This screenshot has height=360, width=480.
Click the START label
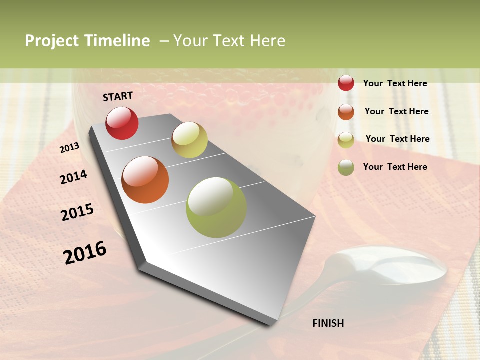[x=118, y=96]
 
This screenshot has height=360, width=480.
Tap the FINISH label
[x=328, y=323]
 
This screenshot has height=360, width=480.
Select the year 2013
[x=69, y=148]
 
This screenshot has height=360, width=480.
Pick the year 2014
[x=73, y=177]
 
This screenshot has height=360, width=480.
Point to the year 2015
[x=77, y=212]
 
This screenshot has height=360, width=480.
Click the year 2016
[x=85, y=253]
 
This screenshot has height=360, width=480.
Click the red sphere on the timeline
[x=122, y=123]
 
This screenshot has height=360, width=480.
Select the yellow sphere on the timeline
[x=189, y=140]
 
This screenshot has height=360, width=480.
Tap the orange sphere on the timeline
[x=145, y=180]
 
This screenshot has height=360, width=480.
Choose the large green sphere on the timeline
[x=216, y=207]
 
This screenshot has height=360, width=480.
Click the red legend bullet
[x=346, y=83]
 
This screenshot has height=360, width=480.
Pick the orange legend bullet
[x=346, y=112]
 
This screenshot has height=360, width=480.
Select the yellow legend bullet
[x=346, y=140]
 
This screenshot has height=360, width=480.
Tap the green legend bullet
[x=346, y=167]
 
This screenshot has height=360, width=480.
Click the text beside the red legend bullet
[x=395, y=83]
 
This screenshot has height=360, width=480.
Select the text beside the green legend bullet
[x=395, y=167]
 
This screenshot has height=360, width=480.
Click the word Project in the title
[x=51, y=41]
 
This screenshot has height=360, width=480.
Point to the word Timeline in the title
[x=117, y=41]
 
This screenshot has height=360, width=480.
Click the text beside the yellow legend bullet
[x=397, y=139]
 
